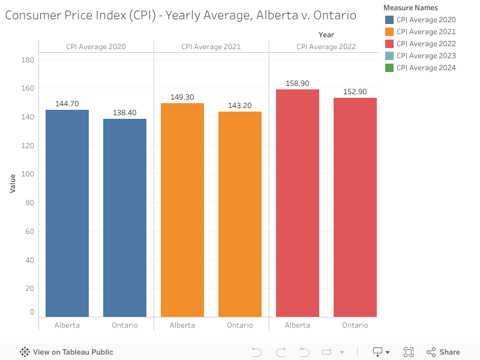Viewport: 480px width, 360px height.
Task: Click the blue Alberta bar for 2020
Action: click(x=67, y=213)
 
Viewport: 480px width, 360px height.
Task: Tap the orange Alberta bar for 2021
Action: click(x=182, y=210)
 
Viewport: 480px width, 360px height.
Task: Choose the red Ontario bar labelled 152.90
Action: click(x=355, y=207)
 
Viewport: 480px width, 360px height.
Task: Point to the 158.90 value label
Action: click(x=298, y=83)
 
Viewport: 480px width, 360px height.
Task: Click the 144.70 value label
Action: click(x=67, y=104)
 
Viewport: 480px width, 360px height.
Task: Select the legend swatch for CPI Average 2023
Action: click(x=389, y=56)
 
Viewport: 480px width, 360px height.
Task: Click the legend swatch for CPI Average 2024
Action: click(x=389, y=68)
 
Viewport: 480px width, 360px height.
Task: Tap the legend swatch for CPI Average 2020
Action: click(x=389, y=20)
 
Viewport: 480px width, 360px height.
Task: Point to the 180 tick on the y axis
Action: click(x=28, y=59)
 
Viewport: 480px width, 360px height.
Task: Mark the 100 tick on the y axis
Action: click(x=28, y=174)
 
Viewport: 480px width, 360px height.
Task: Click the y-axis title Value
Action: click(x=13, y=183)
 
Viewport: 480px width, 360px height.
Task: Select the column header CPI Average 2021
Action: click(x=211, y=47)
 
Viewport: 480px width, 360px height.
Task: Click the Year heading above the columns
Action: click(x=326, y=35)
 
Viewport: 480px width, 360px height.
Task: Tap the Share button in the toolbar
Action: click(x=443, y=352)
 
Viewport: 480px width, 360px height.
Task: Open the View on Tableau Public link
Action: click(x=67, y=352)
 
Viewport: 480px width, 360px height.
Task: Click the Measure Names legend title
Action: click(x=410, y=8)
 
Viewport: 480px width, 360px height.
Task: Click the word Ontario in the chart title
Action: click(x=334, y=15)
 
